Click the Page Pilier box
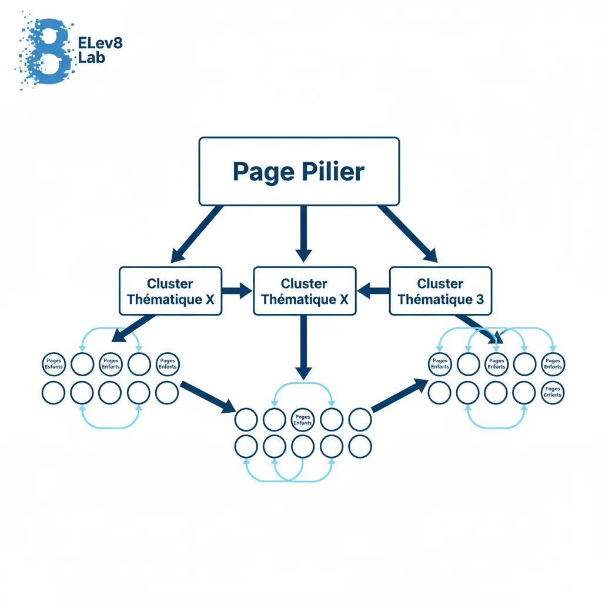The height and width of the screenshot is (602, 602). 299,171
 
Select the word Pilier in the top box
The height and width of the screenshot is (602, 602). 333,171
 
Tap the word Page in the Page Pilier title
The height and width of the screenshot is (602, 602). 263,172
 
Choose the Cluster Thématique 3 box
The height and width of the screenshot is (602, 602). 440,291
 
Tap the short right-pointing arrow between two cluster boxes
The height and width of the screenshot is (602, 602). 237,290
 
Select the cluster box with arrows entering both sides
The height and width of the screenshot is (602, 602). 305,291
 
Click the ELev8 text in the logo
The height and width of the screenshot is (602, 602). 100,43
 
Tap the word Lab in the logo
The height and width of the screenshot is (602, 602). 91,58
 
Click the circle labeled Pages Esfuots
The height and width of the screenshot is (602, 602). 53,364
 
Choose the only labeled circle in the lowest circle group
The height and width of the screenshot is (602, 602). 303,419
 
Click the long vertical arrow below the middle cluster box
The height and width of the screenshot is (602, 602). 303,347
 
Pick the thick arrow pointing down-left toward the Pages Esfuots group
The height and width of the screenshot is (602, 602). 133,328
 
